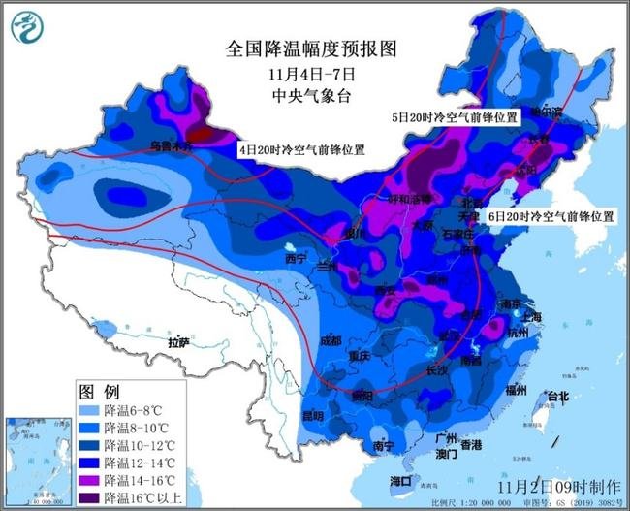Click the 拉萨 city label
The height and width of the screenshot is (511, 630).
177,342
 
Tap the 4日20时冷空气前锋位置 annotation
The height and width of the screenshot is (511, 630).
301,151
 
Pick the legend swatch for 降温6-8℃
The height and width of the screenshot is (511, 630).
89,411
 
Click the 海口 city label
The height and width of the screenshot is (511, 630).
400,481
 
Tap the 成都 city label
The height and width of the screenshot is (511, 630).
330,340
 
